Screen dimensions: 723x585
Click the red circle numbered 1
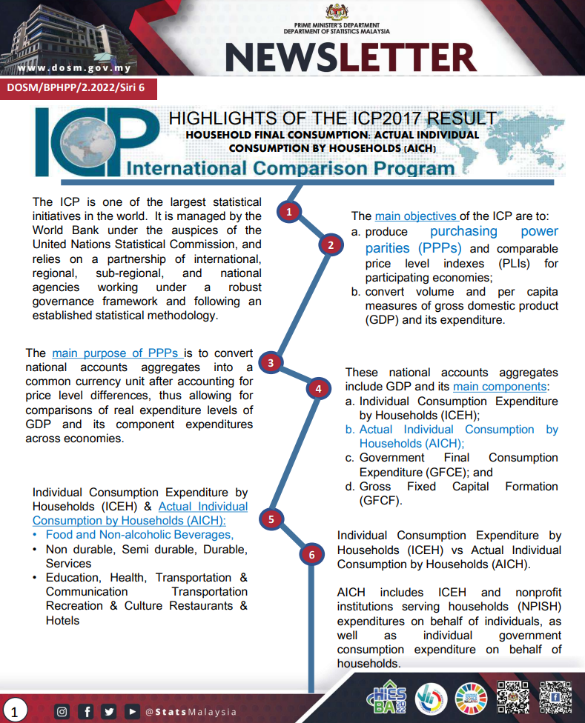click(290, 212)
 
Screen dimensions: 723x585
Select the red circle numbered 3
click(271, 362)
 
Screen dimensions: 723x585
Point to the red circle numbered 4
click(318, 388)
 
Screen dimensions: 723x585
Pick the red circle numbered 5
click(271, 519)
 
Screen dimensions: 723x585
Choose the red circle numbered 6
click(312, 554)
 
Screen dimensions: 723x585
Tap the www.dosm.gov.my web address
click(74, 69)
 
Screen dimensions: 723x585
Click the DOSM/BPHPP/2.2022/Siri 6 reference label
click(77, 87)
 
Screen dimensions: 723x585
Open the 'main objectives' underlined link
click(415, 216)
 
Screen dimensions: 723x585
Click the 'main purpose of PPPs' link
click(117, 353)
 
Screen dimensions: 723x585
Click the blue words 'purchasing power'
click(494, 232)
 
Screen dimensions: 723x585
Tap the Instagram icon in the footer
click(63, 712)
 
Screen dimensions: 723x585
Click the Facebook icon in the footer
click(87, 712)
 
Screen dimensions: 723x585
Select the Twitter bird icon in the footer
click(109, 712)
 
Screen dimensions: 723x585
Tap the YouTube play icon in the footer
click(132, 712)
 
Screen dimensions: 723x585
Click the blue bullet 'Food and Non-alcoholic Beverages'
click(139, 534)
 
